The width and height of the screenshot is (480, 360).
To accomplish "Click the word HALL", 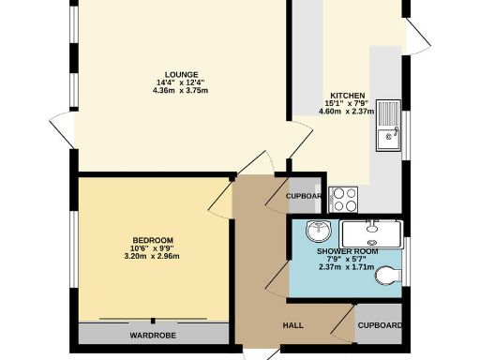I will tap(293, 326).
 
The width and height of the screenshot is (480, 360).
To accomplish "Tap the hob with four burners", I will tap(344, 199).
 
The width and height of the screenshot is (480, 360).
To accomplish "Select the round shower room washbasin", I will tap(319, 231).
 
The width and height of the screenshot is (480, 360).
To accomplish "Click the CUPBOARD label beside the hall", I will tap(380, 326).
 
